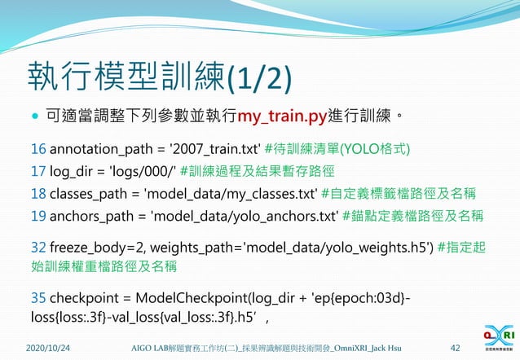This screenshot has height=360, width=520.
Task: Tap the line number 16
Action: [38, 150]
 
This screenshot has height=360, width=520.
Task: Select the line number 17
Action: [38, 172]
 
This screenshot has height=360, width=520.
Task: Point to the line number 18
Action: [38, 194]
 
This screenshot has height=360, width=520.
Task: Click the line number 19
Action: [38, 216]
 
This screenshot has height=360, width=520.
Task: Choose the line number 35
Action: [38, 298]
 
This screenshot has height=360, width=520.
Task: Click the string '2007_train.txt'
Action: [218, 150]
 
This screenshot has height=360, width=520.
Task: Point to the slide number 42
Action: [454, 349]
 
